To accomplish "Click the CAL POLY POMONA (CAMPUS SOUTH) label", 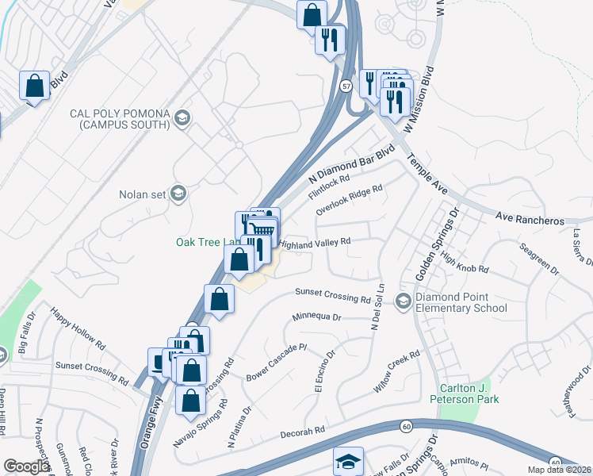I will pos(120,119).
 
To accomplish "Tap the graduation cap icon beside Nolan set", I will pos(179,194).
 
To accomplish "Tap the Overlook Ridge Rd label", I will pos(349,200).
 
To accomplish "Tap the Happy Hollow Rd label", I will pos(78,329).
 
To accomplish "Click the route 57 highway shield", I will pos(347,86).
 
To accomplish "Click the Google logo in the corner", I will pos(27,466).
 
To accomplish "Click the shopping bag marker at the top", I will pos(312,14).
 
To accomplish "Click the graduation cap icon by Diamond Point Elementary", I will pos(404,301).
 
